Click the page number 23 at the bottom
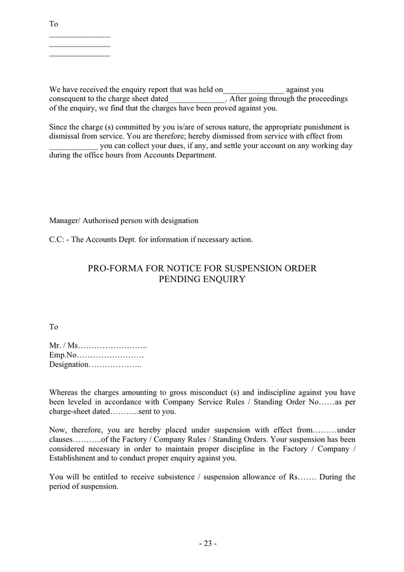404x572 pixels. pyautogui.click(x=208, y=543)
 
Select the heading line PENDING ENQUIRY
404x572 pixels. pyautogui.click(x=201, y=279)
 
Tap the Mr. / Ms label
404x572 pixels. pyautogui.click(x=64, y=345)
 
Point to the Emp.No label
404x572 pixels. pyautogui.click(x=63, y=355)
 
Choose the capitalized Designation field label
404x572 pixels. pyautogui.click(x=69, y=364)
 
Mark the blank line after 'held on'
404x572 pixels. pyautogui.click(x=253, y=90)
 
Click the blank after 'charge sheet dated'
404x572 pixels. pyautogui.click(x=197, y=99)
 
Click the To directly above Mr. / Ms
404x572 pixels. pyautogui.click(x=54, y=327)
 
